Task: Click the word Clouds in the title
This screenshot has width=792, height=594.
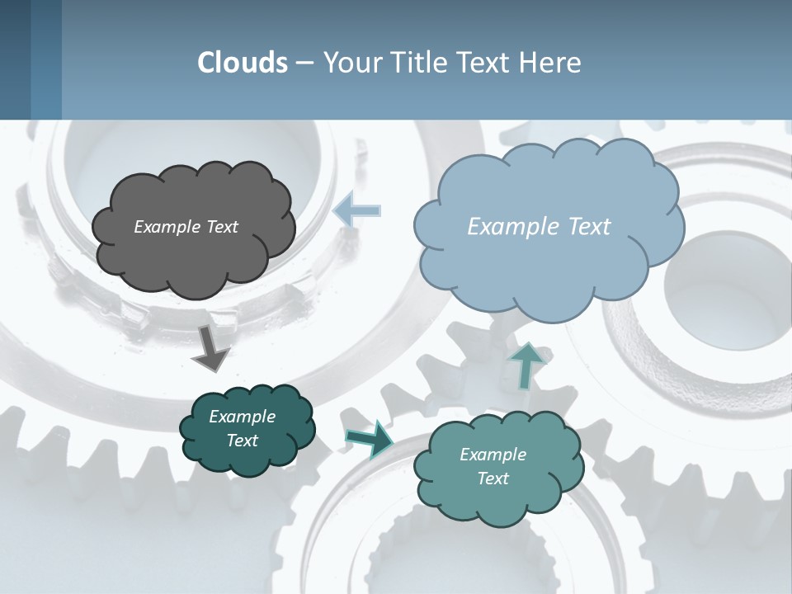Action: click(x=242, y=62)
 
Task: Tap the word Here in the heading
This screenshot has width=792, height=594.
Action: click(x=550, y=62)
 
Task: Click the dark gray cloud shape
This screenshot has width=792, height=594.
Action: click(x=193, y=256)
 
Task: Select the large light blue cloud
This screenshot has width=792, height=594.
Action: click(x=549, y=264)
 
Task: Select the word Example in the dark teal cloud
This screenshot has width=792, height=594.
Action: click(x=243, y=417)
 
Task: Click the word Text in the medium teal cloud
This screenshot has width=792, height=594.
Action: click(x=493, y=478)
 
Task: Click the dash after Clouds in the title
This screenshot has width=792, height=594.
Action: click(x=304, y=63)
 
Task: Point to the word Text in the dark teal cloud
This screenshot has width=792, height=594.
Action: click(x=243, y=441)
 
